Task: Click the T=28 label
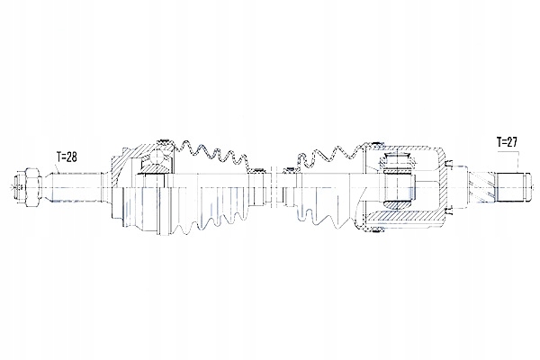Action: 65,157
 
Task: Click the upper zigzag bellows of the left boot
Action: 211,153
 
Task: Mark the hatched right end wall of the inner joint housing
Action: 443,184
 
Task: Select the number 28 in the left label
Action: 71,157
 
